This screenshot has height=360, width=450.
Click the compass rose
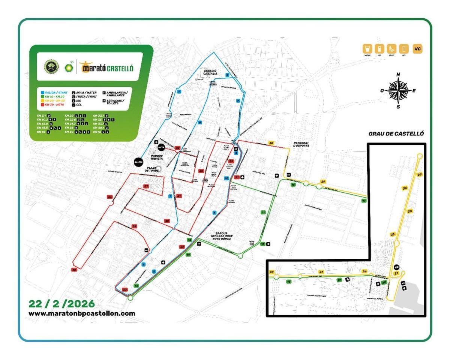tap(398, 90)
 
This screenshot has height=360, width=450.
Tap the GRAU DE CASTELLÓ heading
tap(396, 134)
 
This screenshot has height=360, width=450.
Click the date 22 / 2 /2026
tap(62, 304)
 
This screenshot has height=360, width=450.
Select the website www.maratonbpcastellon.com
tap(82, 313)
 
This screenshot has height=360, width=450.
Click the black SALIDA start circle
tap(138, 162)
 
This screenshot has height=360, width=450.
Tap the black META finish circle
tap(162, 147)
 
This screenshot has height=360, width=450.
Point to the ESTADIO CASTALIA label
tap(210, 72)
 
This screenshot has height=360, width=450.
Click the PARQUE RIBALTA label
tap(157, 157)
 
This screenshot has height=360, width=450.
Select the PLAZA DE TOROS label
tap(152, 169)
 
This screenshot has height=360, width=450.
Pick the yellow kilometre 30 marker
tap(271, 143)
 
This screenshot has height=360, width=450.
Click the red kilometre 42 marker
tap(178, 148)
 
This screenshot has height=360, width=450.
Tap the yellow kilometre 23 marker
tap(419, 175)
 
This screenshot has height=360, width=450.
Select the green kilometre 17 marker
tap(364, 201)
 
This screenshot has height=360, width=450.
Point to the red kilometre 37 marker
tap(146, 186)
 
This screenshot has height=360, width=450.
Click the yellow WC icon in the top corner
tap(417, 49)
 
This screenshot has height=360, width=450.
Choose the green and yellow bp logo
tap(69, 67)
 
